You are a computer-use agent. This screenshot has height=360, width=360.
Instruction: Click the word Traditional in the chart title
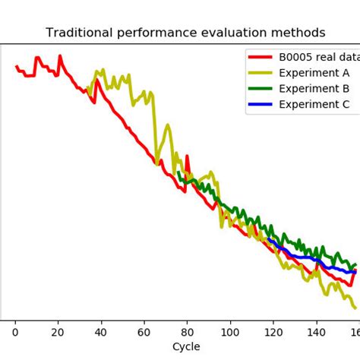pos(78,33)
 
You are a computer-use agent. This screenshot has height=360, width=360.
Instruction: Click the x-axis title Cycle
pos(186,346)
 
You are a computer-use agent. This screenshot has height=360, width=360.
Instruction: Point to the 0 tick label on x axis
pos(15,332)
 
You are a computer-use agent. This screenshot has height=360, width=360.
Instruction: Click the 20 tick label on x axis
pos(58,332)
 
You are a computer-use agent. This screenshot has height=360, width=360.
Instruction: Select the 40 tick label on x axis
pos(101,332)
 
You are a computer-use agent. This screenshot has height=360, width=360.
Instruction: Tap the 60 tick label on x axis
pos(144,332)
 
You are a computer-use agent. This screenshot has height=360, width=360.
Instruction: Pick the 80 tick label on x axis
pos(187,332)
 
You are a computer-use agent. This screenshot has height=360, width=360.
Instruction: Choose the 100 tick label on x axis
pos(230,332)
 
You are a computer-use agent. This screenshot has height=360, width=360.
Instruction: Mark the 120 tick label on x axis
pos(273,332)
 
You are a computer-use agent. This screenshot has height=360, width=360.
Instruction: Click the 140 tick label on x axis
pos(316,332)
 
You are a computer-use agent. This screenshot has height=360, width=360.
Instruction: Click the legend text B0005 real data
pos(318,57)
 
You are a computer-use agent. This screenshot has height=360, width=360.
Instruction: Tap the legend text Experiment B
pos(314,88)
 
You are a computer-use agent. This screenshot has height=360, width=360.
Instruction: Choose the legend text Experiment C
pos(314,104)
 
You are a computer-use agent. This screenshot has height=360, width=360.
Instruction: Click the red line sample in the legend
pos(260,57)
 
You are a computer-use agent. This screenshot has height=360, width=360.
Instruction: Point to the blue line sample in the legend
pos(260,104)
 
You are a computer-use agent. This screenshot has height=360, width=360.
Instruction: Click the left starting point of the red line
pos(16,66)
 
